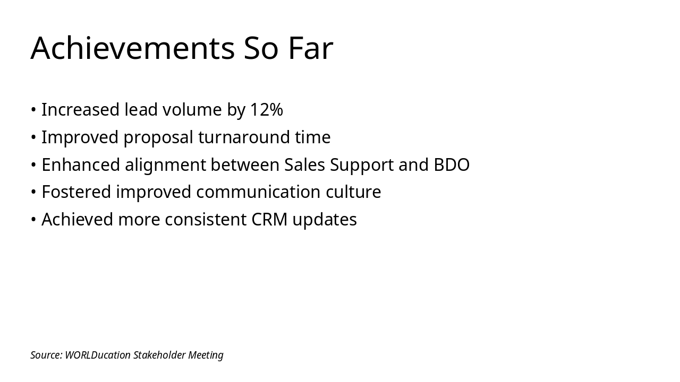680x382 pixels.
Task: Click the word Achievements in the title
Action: (x=132, y=48)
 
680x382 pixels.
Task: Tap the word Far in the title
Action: (x=310, y=48)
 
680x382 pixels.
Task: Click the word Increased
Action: (x=80, y=110)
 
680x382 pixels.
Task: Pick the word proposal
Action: (x=158, y=137)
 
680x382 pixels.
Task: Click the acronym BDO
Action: (x=452, y=165)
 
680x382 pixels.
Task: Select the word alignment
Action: (x=165, y=165)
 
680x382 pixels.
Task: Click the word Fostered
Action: (x=76, y=192)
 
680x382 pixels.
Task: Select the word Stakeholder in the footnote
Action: (x=159, y=355)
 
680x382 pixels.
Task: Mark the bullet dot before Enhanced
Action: (x=33, y=166)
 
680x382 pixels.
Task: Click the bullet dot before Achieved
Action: (x=33, y=220)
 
